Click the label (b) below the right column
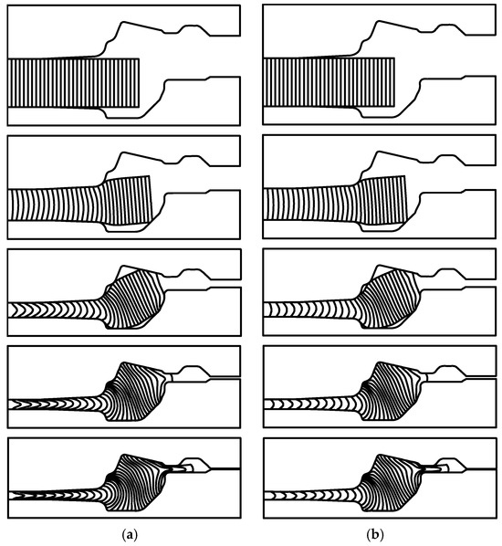[x=374, y=534]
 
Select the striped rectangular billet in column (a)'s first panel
[x=73, y=83]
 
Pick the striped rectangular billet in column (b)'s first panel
[x=329, y=82]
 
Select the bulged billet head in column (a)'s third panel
[x=135, y=299]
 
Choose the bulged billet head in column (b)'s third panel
[x=391, y=299]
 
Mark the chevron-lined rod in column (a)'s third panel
[x=56, y=310]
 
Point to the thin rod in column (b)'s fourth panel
[x=311, y=404]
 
